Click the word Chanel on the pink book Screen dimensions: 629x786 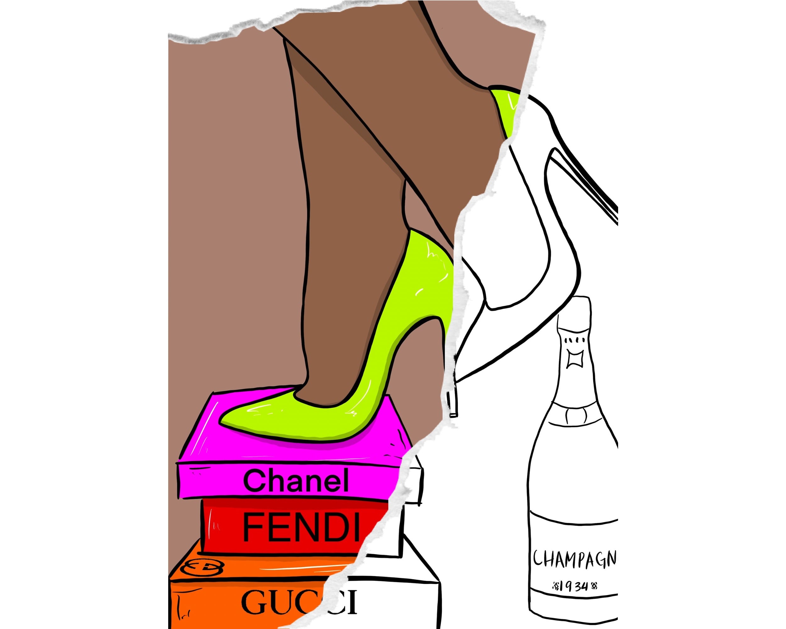[x=296, y=481]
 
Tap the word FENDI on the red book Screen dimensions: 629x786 [x=301, y=528]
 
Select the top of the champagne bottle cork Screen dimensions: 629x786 [x=574, y=300]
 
